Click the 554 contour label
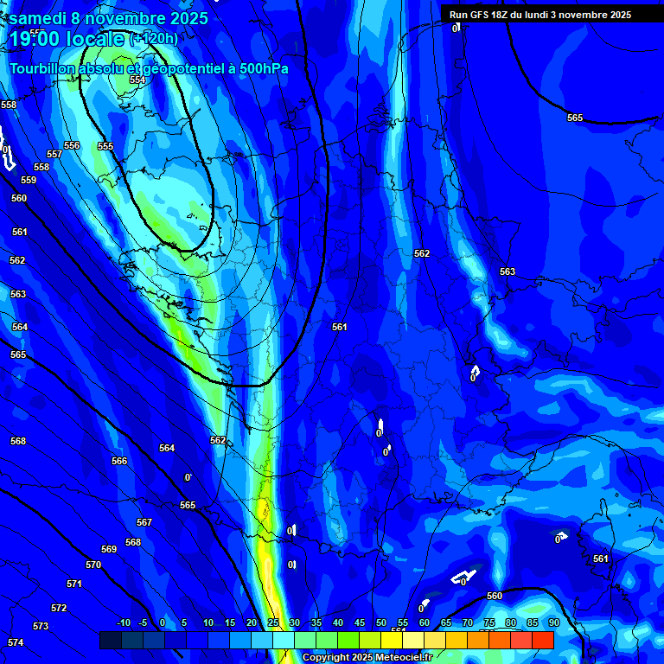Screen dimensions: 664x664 [x=137, y=80]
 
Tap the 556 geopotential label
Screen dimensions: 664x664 [x=72, y=145]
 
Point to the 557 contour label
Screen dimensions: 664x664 [x=54, y=154]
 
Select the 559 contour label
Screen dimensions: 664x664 [x=29, y=180]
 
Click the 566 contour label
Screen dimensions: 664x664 [x=119, y=461]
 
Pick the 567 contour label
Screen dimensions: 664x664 [x=144, y=522]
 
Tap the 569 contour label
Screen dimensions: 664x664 [x=109, y=549]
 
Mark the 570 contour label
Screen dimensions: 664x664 [x=93, y=565]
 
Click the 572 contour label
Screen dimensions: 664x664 [x=59, y=608]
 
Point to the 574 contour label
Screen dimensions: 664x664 [x=16, y=642]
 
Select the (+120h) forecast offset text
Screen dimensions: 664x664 [x=154, y=38]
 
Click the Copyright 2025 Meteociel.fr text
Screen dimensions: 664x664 [x=367, y=658]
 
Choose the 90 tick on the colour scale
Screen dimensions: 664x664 [x=553, y=622]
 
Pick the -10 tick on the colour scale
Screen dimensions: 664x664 [x=123, y=622]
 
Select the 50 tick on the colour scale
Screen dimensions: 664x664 [x=381, y=622]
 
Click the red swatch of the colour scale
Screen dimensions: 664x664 [x=543, y=640]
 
